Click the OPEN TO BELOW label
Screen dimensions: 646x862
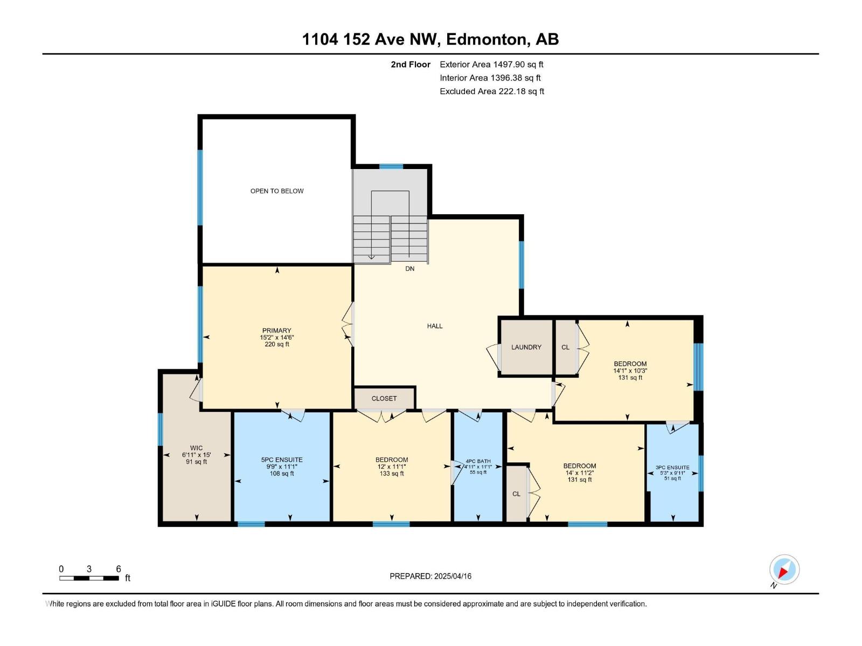coord(277,191)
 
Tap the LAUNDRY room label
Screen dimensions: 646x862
coord(526,347)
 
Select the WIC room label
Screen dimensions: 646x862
coord(197,448)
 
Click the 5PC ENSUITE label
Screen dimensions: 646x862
coord(282,460)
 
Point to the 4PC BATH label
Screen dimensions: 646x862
coord(478,461)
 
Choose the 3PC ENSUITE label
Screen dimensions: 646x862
coord(672,468)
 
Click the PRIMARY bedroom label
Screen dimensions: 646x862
coord(276,331)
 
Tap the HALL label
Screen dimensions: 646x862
coord(435,326)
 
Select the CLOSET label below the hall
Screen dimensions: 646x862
coord(384,398)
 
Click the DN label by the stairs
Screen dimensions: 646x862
coord(410,269)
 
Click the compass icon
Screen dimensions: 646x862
coord(784,570)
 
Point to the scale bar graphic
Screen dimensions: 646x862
coord(89,578)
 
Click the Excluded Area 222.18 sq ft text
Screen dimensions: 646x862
coord(492,92)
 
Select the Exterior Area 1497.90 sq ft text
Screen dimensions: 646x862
coord(491,65)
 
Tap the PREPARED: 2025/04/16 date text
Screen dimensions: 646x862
coord(430,576)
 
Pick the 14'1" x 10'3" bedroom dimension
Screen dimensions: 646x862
coord(630,371)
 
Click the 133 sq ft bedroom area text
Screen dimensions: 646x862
coord(392,474)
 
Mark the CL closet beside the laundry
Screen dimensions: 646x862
coord(565,347)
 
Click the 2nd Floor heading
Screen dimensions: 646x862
coord(411,65)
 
